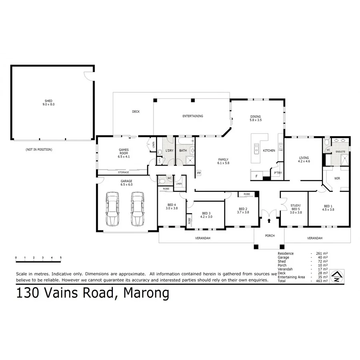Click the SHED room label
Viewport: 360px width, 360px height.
pos(49,101)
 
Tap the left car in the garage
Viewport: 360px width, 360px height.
pos(112,209)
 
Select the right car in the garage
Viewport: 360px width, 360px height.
pos(137,209)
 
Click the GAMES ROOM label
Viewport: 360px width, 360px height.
pos(123,151)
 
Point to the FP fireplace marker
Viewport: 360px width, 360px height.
pos(199,173)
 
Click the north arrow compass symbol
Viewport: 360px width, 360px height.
pos(337,276)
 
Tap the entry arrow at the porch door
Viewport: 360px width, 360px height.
pos(269,220)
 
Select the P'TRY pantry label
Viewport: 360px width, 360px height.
pos(277,173)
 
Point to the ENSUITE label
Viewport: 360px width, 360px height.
pos(341,152)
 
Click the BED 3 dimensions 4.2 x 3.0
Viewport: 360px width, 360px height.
pos(206,217)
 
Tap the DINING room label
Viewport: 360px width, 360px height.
pos(255,116)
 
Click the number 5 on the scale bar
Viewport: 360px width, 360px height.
pos(61,258)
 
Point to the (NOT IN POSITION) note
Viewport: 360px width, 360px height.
pos(39,149)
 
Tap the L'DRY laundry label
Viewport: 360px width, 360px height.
pos(169,150)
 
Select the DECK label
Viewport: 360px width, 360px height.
pos(136,112)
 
